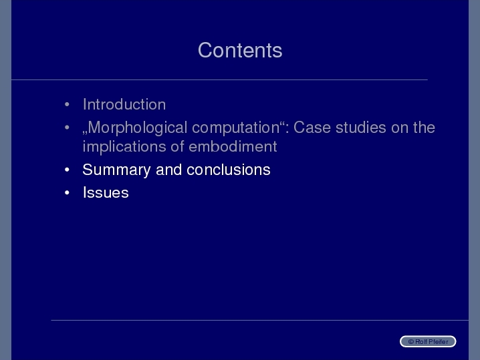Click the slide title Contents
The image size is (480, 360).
click(x=240, y=50)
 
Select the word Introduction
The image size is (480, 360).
click(x=124, y=104)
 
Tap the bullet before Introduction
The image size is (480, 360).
click(x=67, y=105)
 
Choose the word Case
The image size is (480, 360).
click(x=312, y=128)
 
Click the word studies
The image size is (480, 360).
click(x=360, y=128)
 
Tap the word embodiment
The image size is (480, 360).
click(x=233, y=146)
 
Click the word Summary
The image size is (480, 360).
click(x=116, y=170)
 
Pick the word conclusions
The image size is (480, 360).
click(x=229, y=170)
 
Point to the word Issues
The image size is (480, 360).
click(x=106, y=193)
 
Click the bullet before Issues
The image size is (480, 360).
click(x=67, y=193)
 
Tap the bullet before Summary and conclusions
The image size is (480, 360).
click(x=67, y=170)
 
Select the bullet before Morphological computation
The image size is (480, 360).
click(x=67, y=128)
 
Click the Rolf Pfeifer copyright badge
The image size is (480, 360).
click(x=428, y=341)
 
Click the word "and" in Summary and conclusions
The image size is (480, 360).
click(x=168, y=170)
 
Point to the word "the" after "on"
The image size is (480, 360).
click(x=424, y=128)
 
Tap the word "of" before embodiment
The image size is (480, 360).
click(x=177, y=146)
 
